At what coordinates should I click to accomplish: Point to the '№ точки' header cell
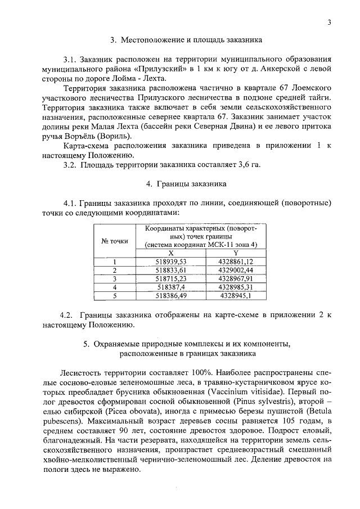[x=115, y=241]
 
